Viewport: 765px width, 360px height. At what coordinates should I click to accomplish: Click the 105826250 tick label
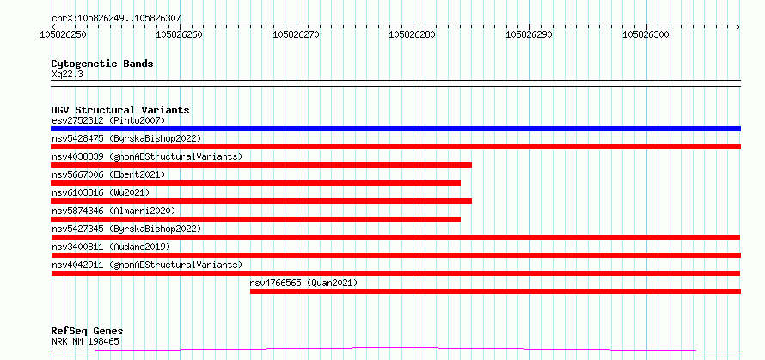[64, 34]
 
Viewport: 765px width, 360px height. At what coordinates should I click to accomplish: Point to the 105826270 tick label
[297, 34]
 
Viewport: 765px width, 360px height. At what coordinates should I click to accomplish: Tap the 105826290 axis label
[529, 34]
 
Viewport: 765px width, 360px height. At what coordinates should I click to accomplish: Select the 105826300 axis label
[646, 34]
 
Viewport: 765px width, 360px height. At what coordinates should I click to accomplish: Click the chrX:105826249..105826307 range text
[116, 19]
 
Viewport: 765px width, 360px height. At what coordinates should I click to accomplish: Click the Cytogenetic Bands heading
[102, 64]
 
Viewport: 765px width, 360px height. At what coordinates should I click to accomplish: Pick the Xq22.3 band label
[67, 74]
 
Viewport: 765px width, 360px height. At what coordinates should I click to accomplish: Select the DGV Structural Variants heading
[120, 110]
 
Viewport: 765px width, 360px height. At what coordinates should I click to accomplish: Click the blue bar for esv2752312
[395, 129]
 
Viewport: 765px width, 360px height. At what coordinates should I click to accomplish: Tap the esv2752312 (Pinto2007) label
[108, 120]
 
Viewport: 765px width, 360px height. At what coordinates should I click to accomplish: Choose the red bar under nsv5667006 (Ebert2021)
[255, 183]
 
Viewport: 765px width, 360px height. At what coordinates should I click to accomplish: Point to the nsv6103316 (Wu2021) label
[101, 192]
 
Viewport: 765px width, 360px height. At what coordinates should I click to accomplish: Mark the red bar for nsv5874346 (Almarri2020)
[255, 219]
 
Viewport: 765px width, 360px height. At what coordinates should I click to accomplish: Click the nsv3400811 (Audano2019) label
[111, 247]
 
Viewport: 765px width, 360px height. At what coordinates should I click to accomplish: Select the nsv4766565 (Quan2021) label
[303, 283]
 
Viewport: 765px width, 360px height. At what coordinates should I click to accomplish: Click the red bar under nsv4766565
[496, 291]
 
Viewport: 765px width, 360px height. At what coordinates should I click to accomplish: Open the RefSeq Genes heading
[87, 332]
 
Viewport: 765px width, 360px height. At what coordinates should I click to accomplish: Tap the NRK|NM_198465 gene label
[85, 341]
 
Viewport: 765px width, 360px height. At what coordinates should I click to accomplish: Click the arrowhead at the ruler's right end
[738, 27]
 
